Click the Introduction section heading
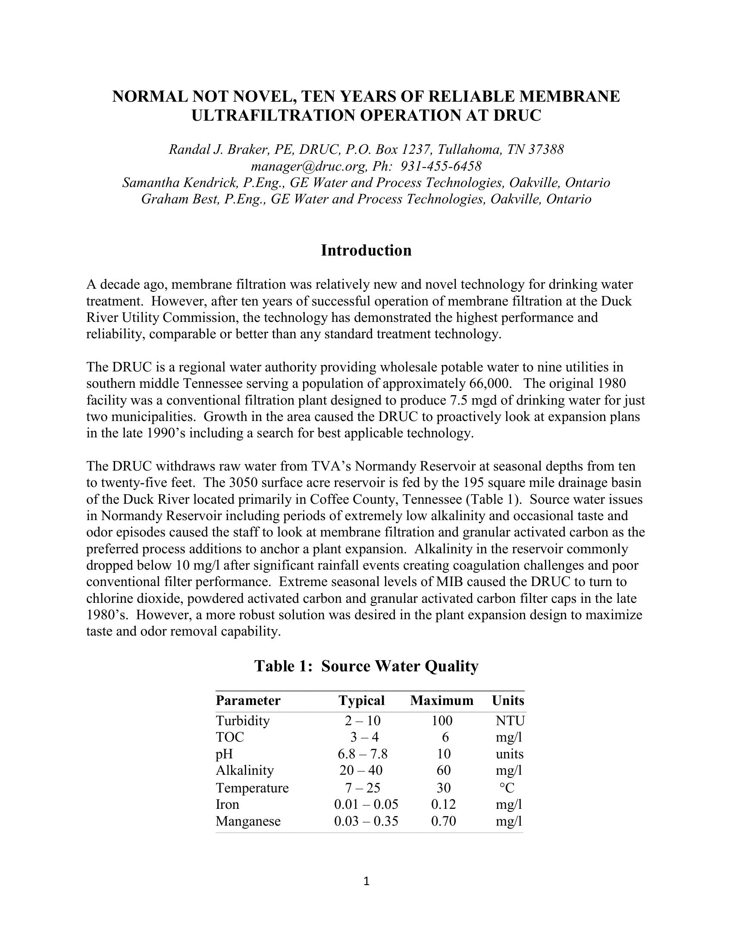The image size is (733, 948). coord(366,250)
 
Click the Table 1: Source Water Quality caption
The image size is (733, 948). coord(366,666)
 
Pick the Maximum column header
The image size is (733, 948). coord(442,701)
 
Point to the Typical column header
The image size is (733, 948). coord(361,701)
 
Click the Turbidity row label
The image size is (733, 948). coord(243,721)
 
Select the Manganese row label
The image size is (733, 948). coord(248,821)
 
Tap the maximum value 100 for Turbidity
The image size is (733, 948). coord(442,721)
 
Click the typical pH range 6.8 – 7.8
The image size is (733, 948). coord(363,754)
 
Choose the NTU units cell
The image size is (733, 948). coord(510,721)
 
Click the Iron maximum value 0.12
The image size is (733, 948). coord(443,805)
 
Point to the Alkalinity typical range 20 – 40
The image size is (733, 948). coord(361,770)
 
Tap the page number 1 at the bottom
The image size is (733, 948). coord(366,882)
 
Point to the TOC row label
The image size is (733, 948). coord(230,737)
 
